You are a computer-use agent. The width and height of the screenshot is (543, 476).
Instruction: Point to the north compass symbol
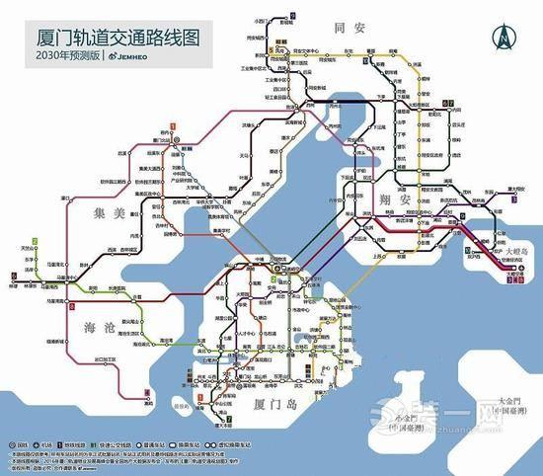click(x=504, y=40)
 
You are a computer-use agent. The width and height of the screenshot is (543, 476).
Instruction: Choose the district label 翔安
click(x=396, y=198)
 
